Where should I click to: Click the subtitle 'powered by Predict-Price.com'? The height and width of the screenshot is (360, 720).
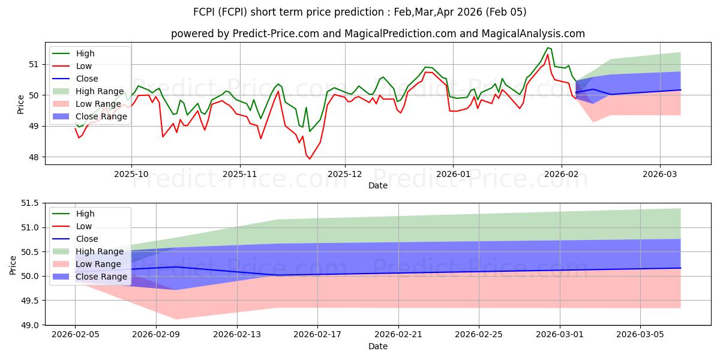(x=377, y=34)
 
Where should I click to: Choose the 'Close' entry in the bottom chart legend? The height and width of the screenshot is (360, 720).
(x=87, y=239)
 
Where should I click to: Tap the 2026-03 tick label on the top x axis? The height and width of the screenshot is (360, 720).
(x=660, y=174)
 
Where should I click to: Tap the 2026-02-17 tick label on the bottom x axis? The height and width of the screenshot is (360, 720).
(x=317, y=334)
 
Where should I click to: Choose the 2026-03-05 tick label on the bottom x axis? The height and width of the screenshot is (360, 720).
(x=641, y=334)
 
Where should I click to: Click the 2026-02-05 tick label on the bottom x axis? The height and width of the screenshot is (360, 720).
(x=75, y=334)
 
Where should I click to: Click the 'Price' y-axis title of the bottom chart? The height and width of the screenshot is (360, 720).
(x=13, y=264)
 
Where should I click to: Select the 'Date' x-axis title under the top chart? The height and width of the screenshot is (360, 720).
(x=377, y=185)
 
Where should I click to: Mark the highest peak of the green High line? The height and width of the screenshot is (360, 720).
(x=547, y=47)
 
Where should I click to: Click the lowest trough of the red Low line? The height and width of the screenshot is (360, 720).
(x=310, y=159)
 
